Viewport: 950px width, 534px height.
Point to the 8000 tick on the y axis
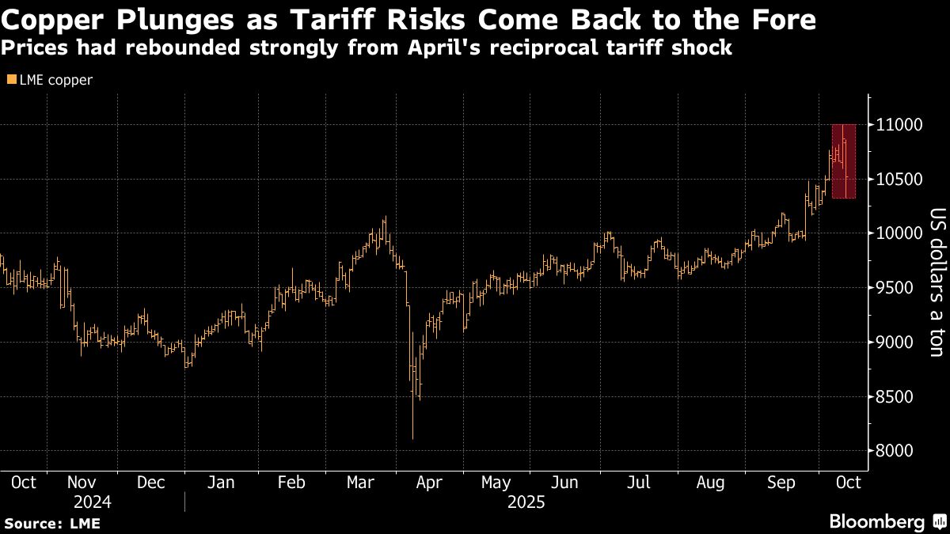click(895, 451)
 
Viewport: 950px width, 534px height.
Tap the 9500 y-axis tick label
click(895, 288)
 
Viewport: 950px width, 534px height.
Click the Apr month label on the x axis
click(429, 482)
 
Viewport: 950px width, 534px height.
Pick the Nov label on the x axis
click(82, 482)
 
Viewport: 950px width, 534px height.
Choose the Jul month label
click(639, 482)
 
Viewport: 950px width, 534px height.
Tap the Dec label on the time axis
click(150, 482)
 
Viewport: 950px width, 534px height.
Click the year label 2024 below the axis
click(92, 502)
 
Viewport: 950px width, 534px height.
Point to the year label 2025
click(526, 502)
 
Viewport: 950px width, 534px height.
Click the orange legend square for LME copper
click(10, 80)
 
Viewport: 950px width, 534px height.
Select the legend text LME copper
click(55, 80)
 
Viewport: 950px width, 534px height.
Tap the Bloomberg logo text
click(876, 521)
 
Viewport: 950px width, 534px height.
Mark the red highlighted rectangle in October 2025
click(844, 161)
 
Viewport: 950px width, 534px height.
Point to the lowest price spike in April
click(413, 437)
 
